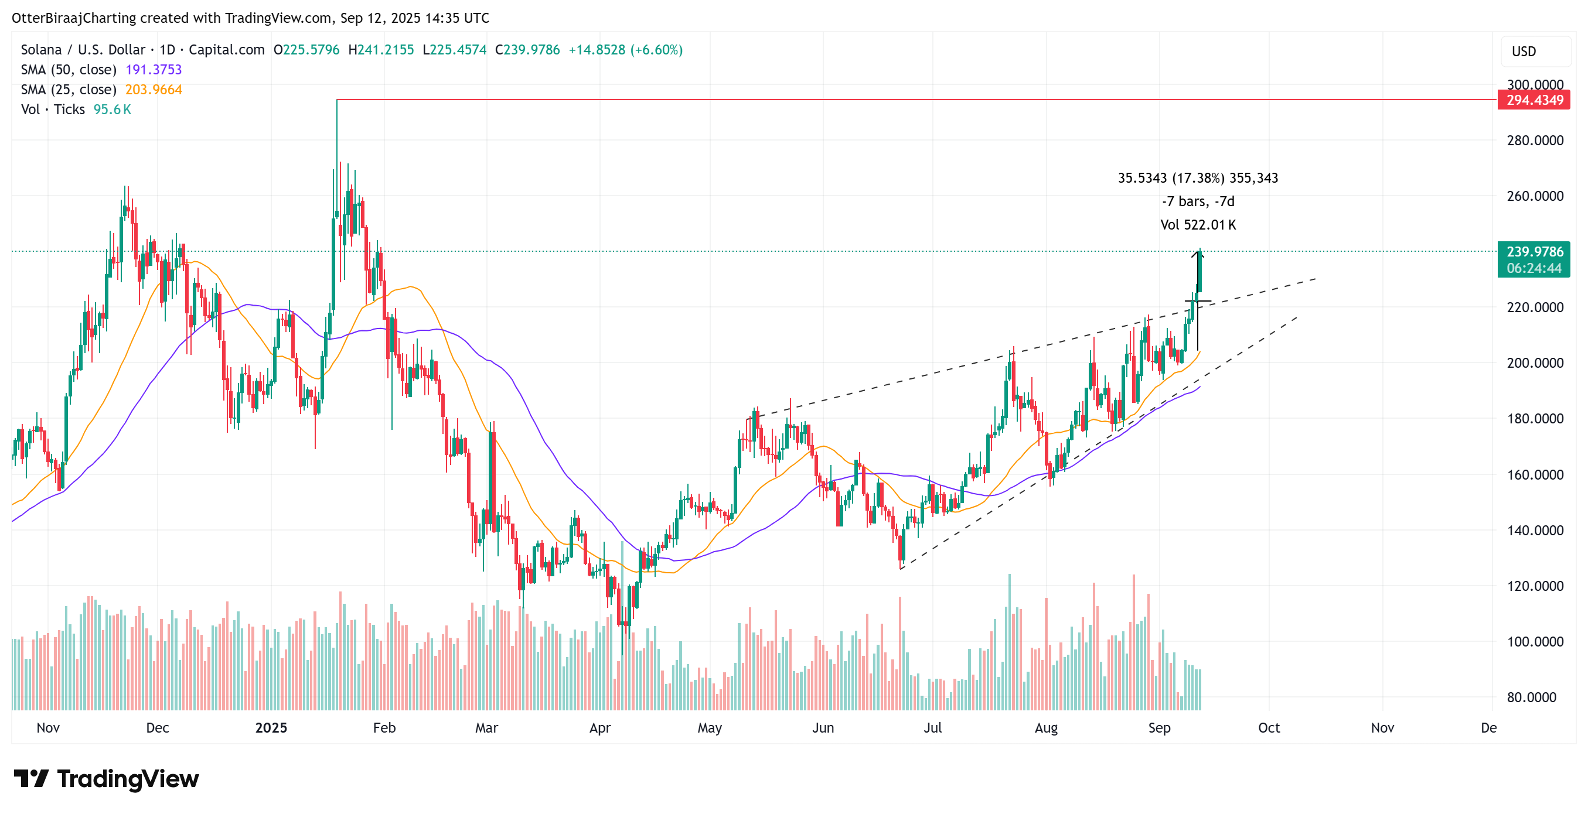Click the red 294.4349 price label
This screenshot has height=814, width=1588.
1534,100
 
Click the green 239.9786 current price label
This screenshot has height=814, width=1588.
1534,252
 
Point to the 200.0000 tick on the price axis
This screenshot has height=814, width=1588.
1534,363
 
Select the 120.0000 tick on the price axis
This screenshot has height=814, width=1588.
1534,586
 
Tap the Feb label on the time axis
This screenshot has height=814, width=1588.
384,728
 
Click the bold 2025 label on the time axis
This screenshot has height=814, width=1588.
271,728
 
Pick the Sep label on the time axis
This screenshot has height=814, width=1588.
1159,728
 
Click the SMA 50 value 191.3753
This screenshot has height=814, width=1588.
154,70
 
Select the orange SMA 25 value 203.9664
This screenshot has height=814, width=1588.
154,90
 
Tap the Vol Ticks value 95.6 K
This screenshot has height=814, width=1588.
112,110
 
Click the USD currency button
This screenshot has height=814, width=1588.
1536,52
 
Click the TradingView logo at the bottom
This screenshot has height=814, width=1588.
106,779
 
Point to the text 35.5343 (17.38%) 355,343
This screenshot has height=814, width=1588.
1198,178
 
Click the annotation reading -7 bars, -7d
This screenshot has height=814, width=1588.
1198,201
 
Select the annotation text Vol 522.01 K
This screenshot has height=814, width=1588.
1198,225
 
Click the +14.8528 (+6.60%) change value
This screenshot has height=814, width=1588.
625,50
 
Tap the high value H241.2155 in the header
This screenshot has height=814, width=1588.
381,50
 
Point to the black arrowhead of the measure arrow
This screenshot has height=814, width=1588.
1198,252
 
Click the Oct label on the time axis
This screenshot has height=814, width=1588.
1269,728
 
